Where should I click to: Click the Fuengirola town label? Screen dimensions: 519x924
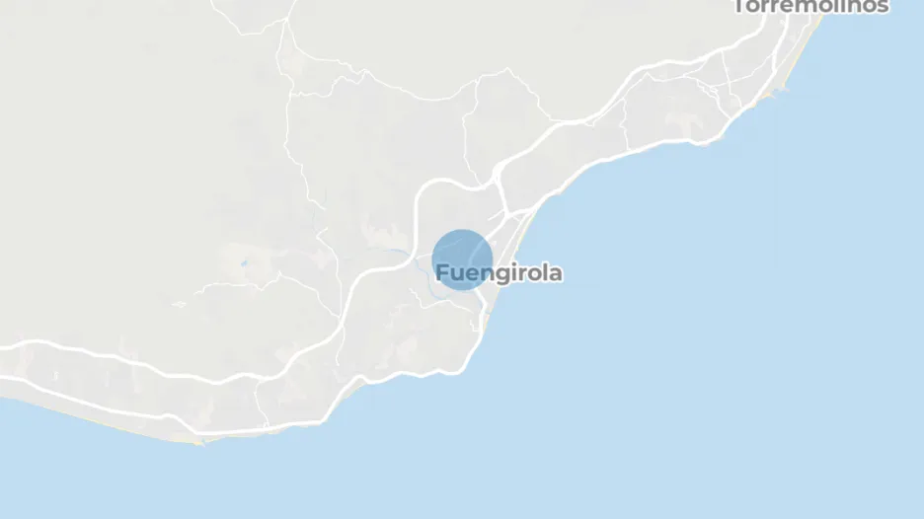tap(499, 273)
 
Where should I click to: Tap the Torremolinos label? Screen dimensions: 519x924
tap(810, 6)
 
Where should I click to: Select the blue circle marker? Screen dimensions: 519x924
tap(462, 259)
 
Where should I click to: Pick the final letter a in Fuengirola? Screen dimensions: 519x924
tap(556, 273)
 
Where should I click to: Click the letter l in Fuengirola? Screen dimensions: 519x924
tap(544, 272)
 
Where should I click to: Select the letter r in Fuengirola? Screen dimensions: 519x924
tap(517, 274)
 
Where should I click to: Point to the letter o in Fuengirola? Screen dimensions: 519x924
tap(531, 274)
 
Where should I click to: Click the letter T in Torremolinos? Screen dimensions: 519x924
tap(740, 6)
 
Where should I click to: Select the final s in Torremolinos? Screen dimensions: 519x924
tap(883, 7)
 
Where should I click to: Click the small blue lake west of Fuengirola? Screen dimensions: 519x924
tap(243, 263)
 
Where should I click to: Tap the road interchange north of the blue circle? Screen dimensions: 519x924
tap(499, 186)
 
